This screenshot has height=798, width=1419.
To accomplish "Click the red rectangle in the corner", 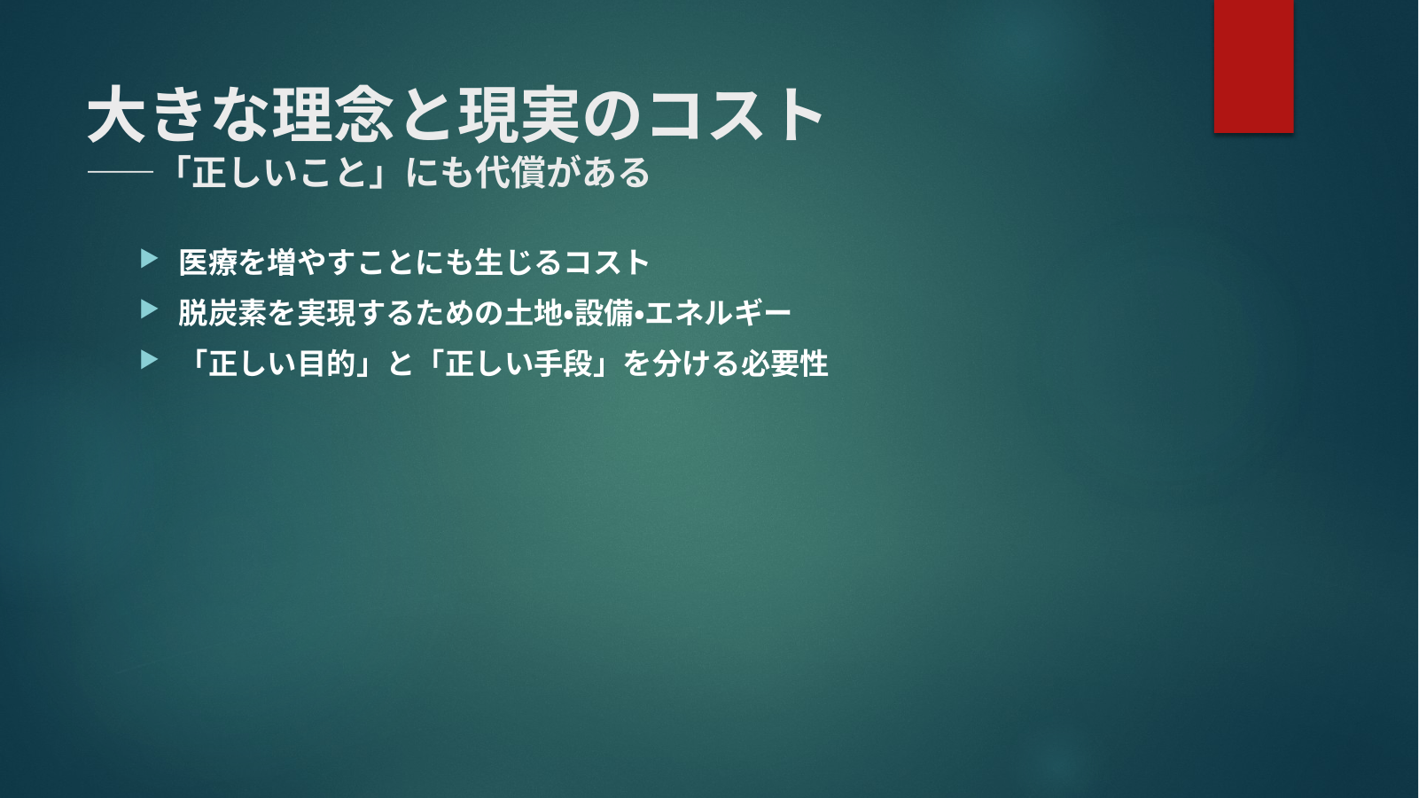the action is point(1253,66).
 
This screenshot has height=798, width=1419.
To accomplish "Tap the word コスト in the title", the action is point(736,114).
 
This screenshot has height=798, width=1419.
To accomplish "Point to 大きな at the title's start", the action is point(176,114).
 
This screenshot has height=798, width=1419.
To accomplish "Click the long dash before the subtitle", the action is point(121,172).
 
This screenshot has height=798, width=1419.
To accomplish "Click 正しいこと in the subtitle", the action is point(279,173).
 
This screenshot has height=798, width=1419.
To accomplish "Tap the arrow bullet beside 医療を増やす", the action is point(149,258).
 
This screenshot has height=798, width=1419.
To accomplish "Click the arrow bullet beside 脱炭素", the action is point(149,309).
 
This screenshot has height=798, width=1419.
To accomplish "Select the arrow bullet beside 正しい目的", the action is point(149,360).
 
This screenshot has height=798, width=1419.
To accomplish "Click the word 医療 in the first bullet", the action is point(207,262).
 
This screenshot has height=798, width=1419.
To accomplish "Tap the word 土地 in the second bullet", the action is point(534,313).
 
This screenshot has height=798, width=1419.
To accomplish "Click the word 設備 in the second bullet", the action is point(604,313).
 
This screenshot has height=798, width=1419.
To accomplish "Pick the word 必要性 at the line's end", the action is point(784,364).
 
